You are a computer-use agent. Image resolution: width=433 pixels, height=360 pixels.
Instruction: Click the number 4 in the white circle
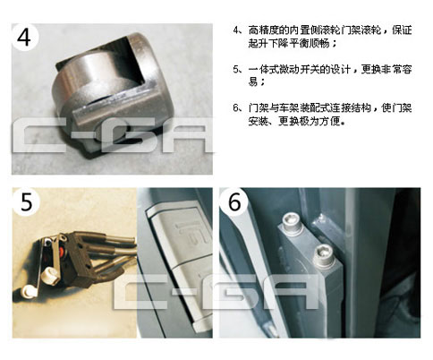[x=24, y=37]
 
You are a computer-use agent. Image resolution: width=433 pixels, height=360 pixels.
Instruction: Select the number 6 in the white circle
[x=234, y=201]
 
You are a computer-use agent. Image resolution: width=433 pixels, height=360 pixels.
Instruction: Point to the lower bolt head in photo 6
[x=323, y=254]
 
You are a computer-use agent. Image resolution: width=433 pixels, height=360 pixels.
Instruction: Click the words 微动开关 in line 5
[x=301, y=69]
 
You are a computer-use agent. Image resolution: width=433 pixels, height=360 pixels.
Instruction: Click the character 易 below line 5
[x=253, y=81]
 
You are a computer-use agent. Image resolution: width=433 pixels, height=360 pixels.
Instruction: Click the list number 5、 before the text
[x=239, y=69]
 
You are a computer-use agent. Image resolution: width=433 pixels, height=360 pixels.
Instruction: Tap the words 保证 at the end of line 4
[x=402, y=30]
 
